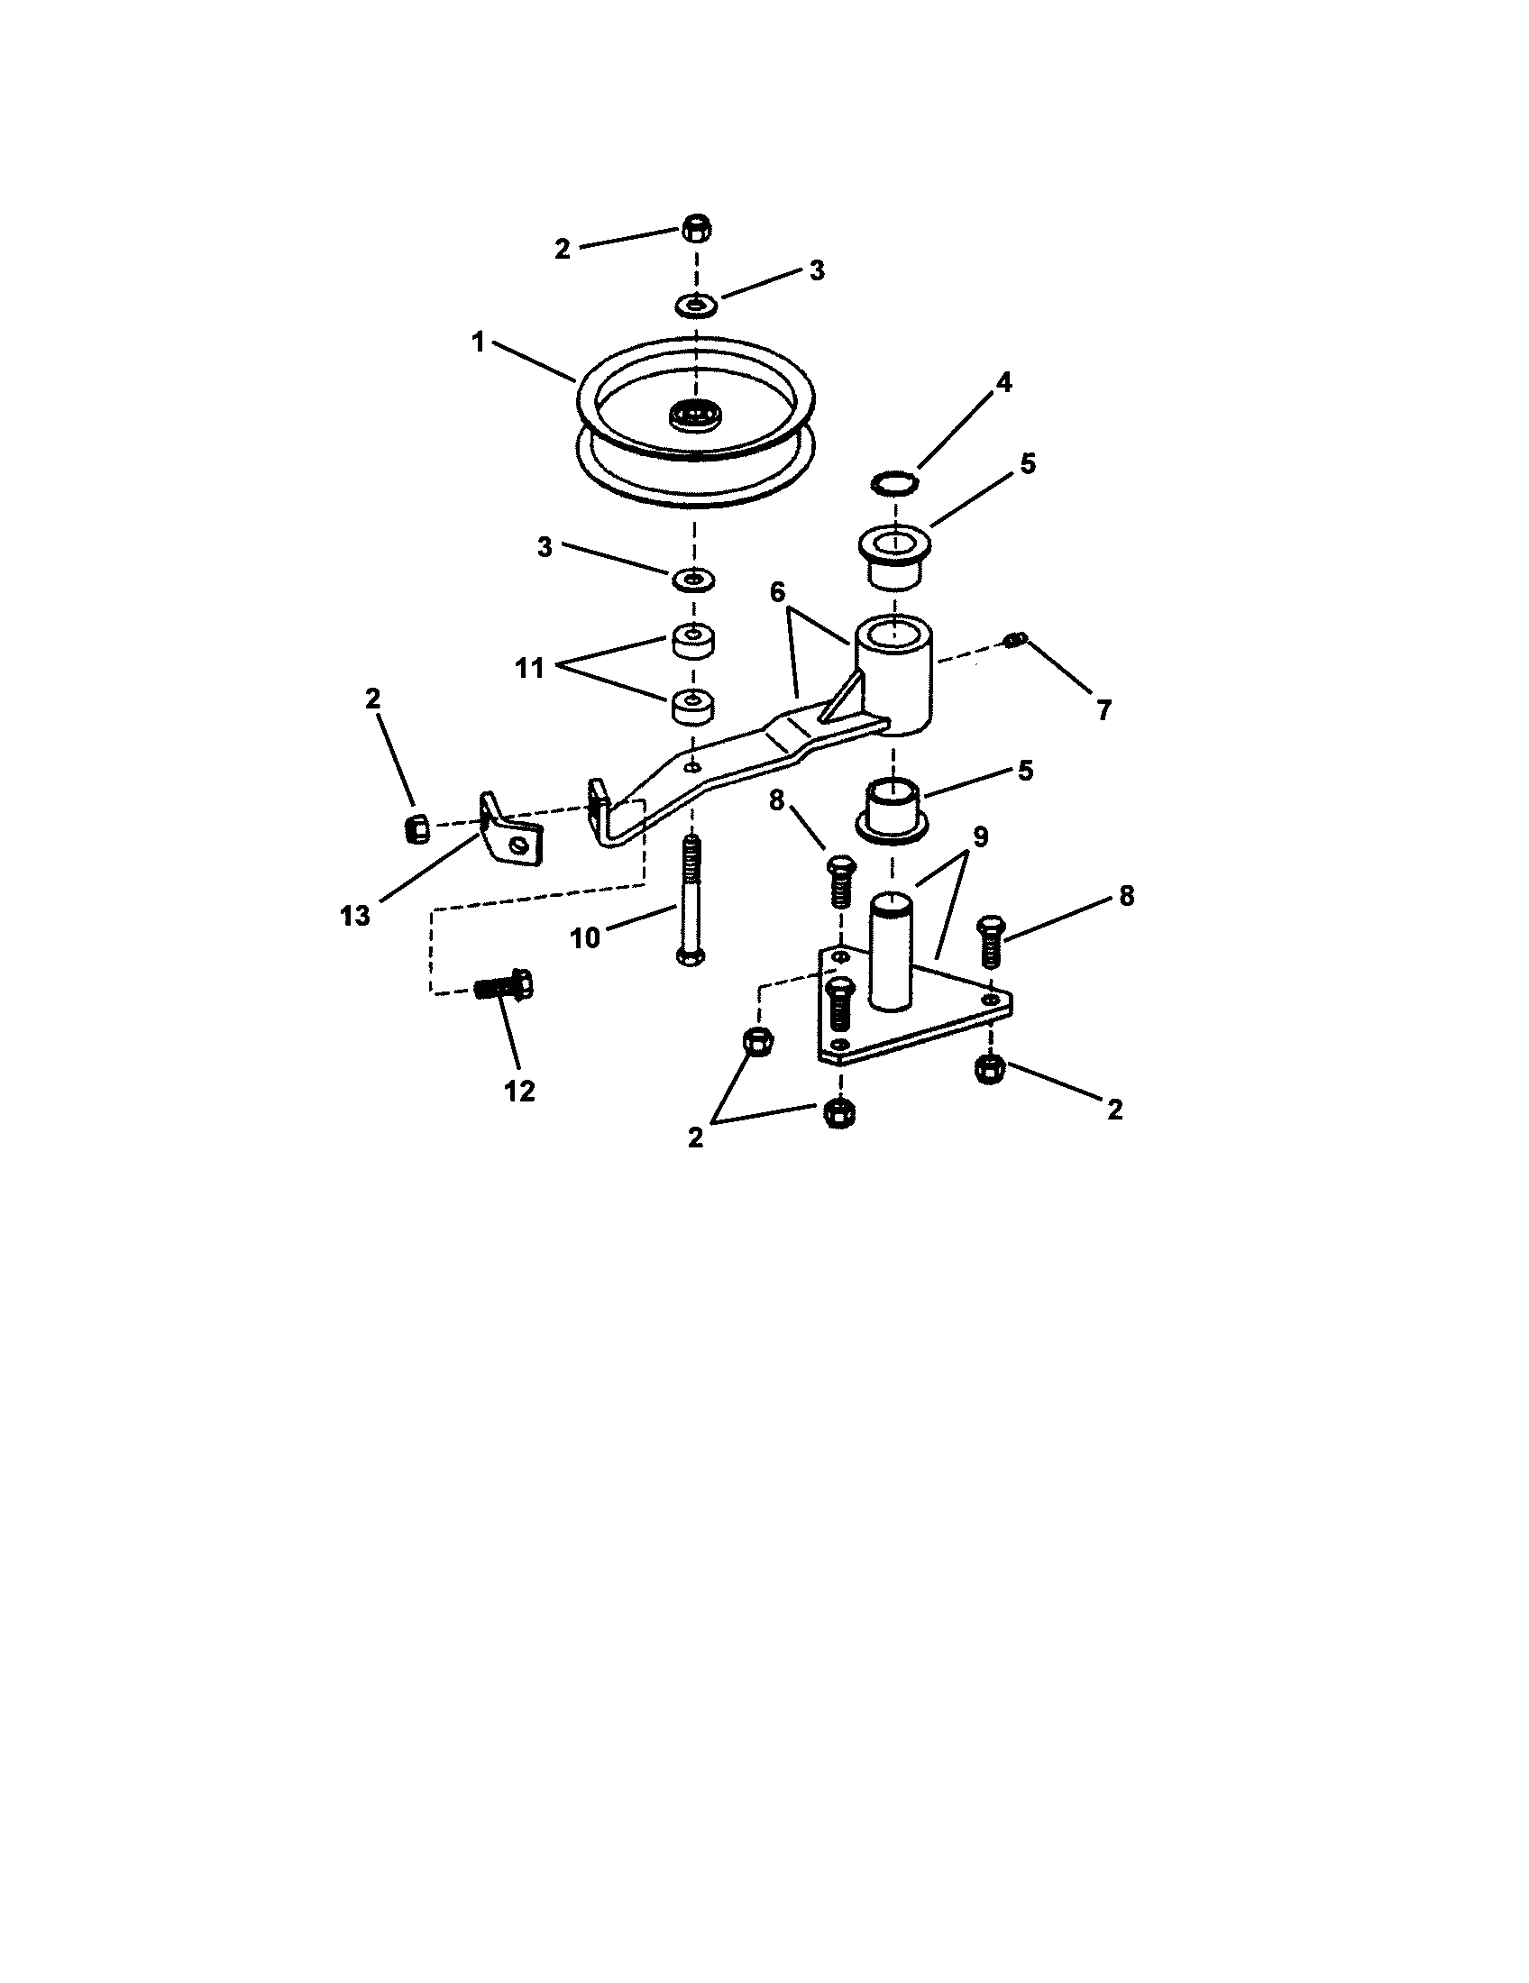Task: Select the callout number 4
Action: coord(1003,382)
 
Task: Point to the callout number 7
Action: coord(1103,709)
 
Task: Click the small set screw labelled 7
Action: coord(1014,641)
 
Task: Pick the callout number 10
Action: coord(586,937)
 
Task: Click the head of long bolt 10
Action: coord(692,956)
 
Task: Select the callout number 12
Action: coord(520,1091)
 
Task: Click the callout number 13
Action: coord(356,915)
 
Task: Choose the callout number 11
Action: coord(529,668)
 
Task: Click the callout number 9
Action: coord(980,836)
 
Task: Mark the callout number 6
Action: coord(777,592)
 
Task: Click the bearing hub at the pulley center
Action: coord(694,416)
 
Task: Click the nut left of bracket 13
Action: coord(416,827)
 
